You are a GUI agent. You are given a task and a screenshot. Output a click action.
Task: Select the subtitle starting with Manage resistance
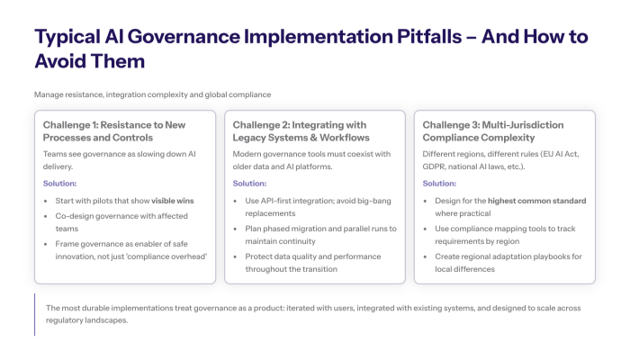point(152,94)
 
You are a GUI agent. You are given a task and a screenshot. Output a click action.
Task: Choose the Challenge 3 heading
point(492,131)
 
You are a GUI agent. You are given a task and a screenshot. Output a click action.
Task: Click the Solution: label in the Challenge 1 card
point(60,183)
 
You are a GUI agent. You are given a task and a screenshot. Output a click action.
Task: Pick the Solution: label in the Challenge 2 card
point(249,183)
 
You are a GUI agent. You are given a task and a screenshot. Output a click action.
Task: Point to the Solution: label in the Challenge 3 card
point(438,183)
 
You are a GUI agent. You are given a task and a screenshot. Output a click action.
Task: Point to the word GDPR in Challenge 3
point(437,166)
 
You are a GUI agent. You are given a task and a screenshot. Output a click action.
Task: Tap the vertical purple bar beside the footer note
point(35,314)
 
